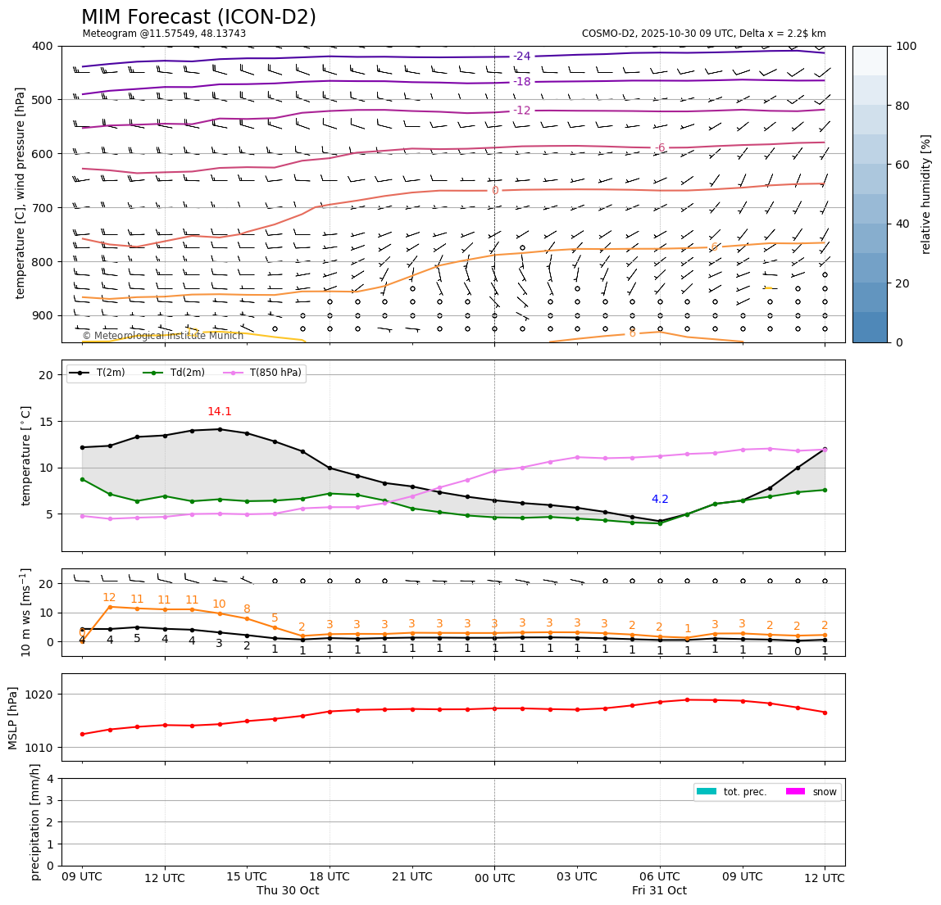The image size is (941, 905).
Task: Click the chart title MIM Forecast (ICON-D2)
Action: coord(198,17)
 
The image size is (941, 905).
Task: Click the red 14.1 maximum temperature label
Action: coord(219,412)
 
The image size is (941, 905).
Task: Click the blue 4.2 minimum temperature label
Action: coord(660,500)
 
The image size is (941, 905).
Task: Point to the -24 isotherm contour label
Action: coord(521,57)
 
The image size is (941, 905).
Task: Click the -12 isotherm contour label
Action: coord(521,111)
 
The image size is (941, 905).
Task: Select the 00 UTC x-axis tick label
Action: coord(494,878)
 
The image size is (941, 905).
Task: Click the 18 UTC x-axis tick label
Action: coord(330,877)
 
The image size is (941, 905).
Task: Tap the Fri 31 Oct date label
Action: coord(659,891)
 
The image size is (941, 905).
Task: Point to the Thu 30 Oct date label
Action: coord(288,891)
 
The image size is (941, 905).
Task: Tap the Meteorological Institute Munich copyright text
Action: coord(163,336)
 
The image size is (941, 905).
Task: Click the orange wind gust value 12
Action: coord(109,598)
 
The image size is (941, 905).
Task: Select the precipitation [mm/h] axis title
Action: coord(35,821)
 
